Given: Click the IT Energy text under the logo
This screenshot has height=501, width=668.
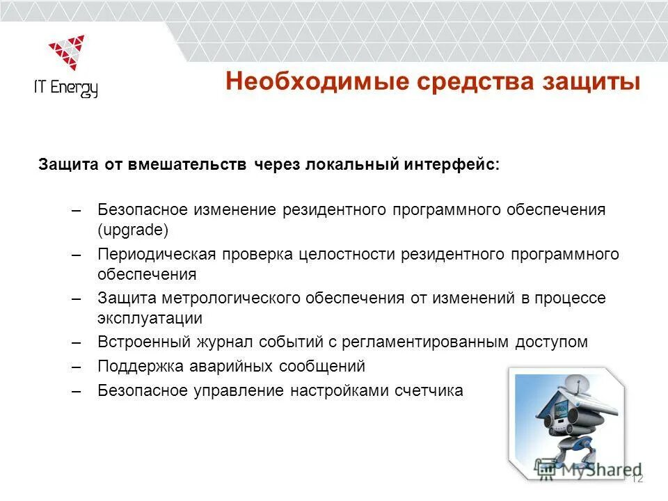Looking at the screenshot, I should click(66, 88).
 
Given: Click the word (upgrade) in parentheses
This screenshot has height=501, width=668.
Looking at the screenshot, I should click(133, 230).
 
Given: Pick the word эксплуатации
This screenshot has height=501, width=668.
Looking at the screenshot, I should click(150, 319).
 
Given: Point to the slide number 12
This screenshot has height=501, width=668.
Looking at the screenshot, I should click(637, 477).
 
